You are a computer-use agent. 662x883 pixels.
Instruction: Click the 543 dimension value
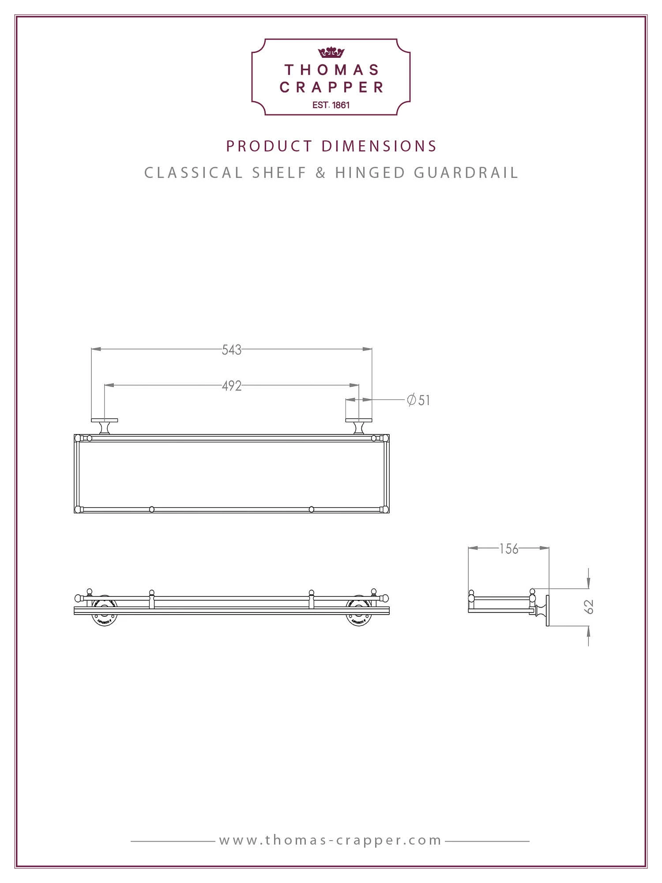tap(231, 350)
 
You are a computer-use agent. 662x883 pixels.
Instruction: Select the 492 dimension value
tap(231, 386)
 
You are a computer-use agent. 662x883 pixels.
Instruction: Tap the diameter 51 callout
tap(418, 400)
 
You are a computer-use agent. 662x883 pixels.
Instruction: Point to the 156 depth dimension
tap(508, 549)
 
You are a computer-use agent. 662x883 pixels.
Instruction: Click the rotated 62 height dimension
tap(589, 607)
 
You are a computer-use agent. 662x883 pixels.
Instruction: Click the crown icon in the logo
tap(331, 53)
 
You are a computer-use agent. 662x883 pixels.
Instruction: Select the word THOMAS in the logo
tap(331, 70)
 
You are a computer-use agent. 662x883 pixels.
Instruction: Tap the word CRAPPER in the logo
tap(331, 87)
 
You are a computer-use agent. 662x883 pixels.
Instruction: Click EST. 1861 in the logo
tap(331, 105)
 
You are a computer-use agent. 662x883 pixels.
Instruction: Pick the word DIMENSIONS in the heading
tap(379, 146)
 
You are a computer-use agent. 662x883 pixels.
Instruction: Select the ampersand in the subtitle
tap(321, 173)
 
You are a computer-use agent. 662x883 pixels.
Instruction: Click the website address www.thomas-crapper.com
tap(331, 840)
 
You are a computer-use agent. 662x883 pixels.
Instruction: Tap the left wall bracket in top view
tap(105, 426)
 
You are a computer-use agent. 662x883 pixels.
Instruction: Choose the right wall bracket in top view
tap(358, 426)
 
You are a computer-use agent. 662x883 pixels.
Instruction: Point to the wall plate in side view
tap(548, 610)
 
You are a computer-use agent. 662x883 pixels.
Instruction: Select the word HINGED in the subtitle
tap(370, 173)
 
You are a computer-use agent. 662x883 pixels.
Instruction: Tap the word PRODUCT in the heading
tap(269, 146)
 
